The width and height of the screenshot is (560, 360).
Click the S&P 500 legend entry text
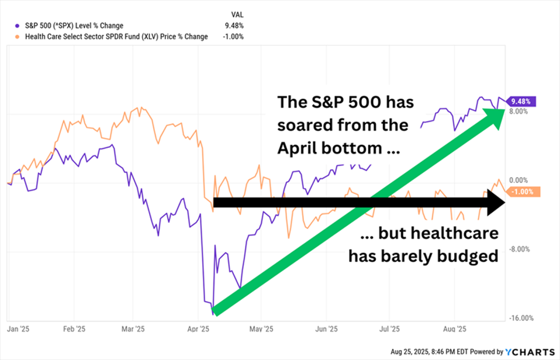coord(73,26)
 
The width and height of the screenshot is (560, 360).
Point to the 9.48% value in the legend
coord(234,26)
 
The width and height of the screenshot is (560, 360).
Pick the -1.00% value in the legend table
coord(233,37)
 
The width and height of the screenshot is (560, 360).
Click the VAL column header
coord(237,15)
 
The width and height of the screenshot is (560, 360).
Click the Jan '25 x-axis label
coord(18,329)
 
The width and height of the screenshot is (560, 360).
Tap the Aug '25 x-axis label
coord(455,329)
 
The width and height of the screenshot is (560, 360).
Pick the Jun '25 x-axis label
coord(326,329)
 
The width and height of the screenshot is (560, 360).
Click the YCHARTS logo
coord(531,352)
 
